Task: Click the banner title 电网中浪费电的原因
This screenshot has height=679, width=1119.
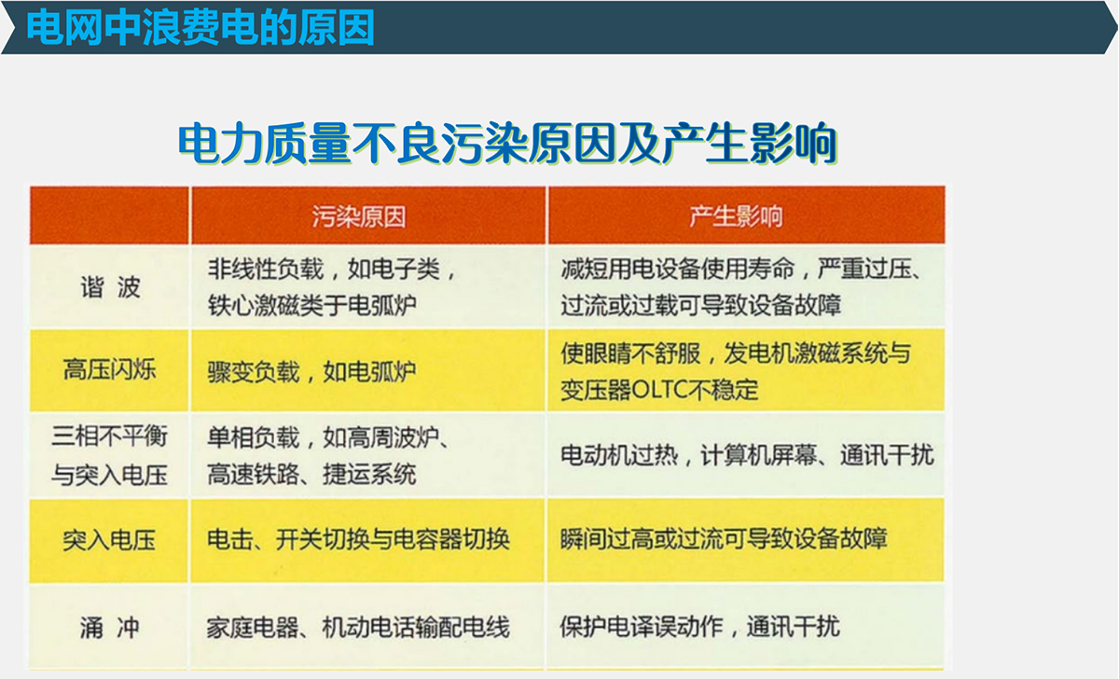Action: [x=200, y=28]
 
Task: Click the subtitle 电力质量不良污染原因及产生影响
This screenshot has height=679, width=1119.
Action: [x=507, y=144]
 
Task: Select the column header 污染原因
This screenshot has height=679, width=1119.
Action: [x=359, y=216]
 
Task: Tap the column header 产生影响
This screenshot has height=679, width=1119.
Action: [x=737, y=216]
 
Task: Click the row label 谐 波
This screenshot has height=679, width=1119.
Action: [x=110, y=288]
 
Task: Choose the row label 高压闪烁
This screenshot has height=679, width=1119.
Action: [x=110, y=369]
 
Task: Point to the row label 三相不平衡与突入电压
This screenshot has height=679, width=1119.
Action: [x=109, y=455]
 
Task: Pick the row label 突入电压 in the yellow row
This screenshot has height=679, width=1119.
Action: [x=109, y=540]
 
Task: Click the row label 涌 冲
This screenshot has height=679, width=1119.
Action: [x=110, y=628]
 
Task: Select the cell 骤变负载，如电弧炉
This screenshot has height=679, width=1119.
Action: [x=311, y=372]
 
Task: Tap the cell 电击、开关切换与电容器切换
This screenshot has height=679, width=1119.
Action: [x=358, y=540]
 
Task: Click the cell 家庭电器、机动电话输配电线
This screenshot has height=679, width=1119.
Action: [x=358, y=628]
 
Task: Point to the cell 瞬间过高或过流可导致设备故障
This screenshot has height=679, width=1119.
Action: [x=724, y=538]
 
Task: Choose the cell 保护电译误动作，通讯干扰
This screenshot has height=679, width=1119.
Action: [x=700, y=627]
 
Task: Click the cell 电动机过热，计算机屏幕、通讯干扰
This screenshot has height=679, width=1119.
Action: [x=747, y=455]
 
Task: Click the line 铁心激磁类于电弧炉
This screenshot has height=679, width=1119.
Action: [x=311, y=305]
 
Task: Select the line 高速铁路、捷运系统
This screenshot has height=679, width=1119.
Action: [x=311, y=474]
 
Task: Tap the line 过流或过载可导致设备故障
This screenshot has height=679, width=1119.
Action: [x=701, y=305]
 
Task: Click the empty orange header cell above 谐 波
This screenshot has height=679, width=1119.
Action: [x=109, y=215]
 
